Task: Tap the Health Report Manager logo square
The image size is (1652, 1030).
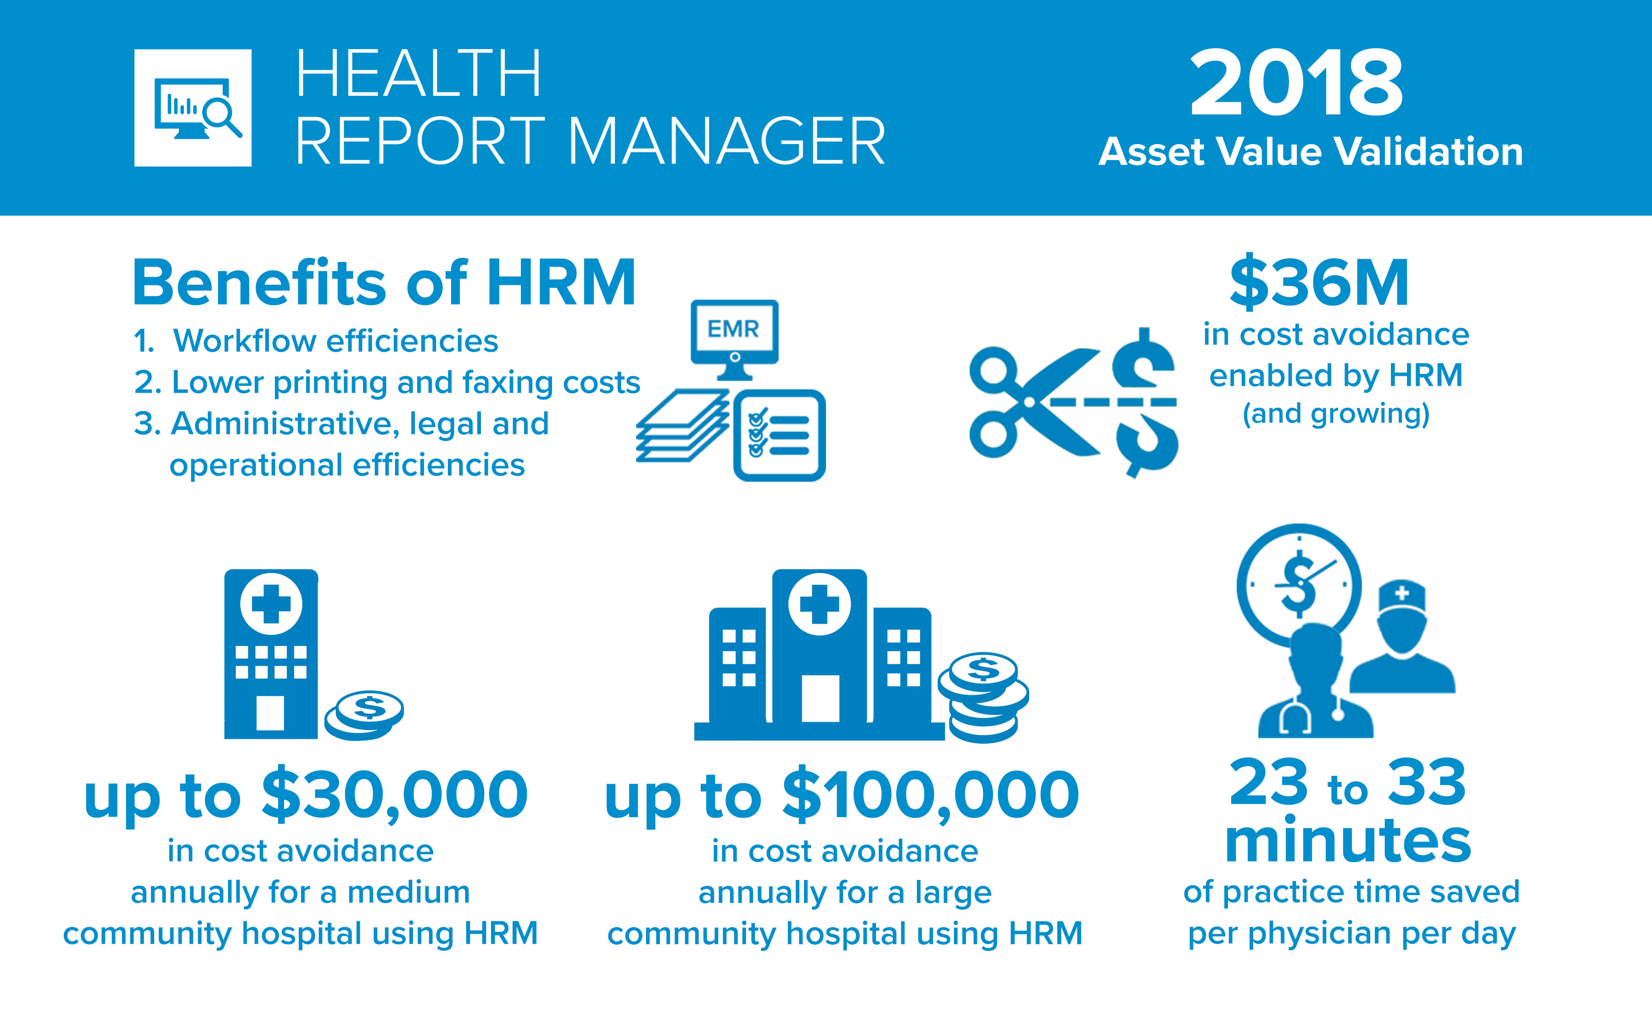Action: click(193, 108)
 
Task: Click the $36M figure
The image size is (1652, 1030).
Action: click(1319, 282)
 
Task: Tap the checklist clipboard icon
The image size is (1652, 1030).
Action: click(779, 435)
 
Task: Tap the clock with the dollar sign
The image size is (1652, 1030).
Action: click(1299, 585)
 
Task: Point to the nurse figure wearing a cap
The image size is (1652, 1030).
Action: click(1402, 636)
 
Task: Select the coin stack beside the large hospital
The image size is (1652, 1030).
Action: click(984, 697)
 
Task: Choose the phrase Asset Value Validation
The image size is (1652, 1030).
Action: click(1311, 151)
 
